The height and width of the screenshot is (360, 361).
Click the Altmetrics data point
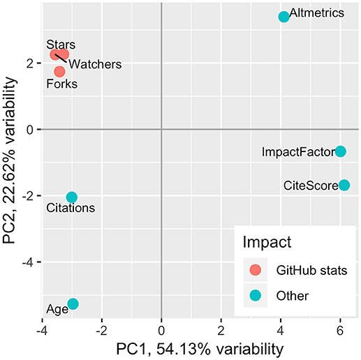[283, 17]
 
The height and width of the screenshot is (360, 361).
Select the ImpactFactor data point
[340, 151]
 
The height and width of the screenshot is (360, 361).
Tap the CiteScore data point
[344, 185]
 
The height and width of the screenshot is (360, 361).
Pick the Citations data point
[72, 197]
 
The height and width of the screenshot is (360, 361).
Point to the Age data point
[73, 303]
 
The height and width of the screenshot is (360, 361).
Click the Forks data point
[59, 71]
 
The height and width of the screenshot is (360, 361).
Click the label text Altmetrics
[316, 13]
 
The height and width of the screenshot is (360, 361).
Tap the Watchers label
[96, 64]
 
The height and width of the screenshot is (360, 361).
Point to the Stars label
[61, 45]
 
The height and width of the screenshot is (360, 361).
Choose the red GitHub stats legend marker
[256, 270]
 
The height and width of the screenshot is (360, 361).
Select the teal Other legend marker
[256, 294]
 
